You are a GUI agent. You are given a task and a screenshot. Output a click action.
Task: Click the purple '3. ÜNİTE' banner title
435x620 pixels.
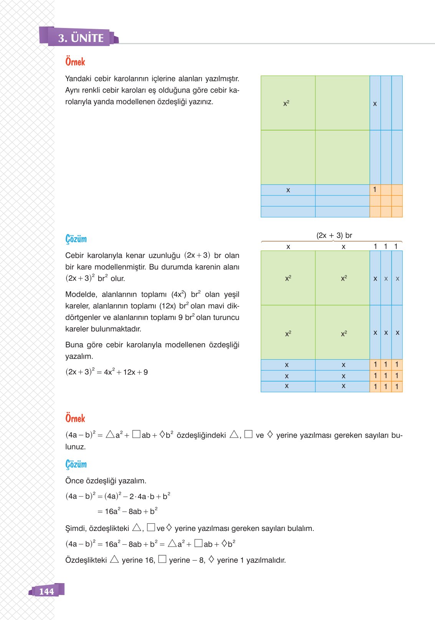[x=81, y=38]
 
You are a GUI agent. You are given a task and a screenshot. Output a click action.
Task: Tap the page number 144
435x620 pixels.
[x=46, y=592]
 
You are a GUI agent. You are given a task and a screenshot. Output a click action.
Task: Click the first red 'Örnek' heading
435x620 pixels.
[x=75, y=62]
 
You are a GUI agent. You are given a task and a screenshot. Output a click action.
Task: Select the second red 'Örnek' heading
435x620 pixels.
[x=75, y=418]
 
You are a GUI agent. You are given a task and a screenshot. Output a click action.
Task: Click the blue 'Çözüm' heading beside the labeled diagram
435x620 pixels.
[x=76, y=239]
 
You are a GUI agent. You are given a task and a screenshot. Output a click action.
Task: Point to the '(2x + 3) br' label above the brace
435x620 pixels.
[x=334, y=235]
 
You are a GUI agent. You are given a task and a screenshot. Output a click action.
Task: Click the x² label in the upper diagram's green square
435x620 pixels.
[x=286, y=104]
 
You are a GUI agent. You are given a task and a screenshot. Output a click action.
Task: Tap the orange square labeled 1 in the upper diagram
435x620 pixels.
[x=375, y=190]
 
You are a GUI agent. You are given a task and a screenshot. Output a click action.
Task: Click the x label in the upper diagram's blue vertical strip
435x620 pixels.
[x=375, y=104]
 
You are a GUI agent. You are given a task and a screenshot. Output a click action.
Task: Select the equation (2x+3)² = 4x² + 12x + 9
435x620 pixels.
[x=106, y=372]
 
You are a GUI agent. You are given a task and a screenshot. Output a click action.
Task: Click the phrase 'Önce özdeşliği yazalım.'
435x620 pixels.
[x=106, y=481]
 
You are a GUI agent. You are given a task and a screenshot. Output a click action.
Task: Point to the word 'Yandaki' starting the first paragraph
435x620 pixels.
[x=78, y=79]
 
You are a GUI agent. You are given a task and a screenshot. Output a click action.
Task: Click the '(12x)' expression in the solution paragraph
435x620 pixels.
[x=167, y=306]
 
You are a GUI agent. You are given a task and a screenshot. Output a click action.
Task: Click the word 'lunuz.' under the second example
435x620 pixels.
[x=75, y=447]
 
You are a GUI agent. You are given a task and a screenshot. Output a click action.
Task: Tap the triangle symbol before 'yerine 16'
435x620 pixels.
[x=114, y=559]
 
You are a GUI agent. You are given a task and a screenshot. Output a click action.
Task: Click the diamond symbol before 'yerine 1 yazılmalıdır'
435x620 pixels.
[x=211, y=559]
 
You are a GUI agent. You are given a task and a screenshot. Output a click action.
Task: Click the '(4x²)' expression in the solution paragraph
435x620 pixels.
[x=179, y=294]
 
